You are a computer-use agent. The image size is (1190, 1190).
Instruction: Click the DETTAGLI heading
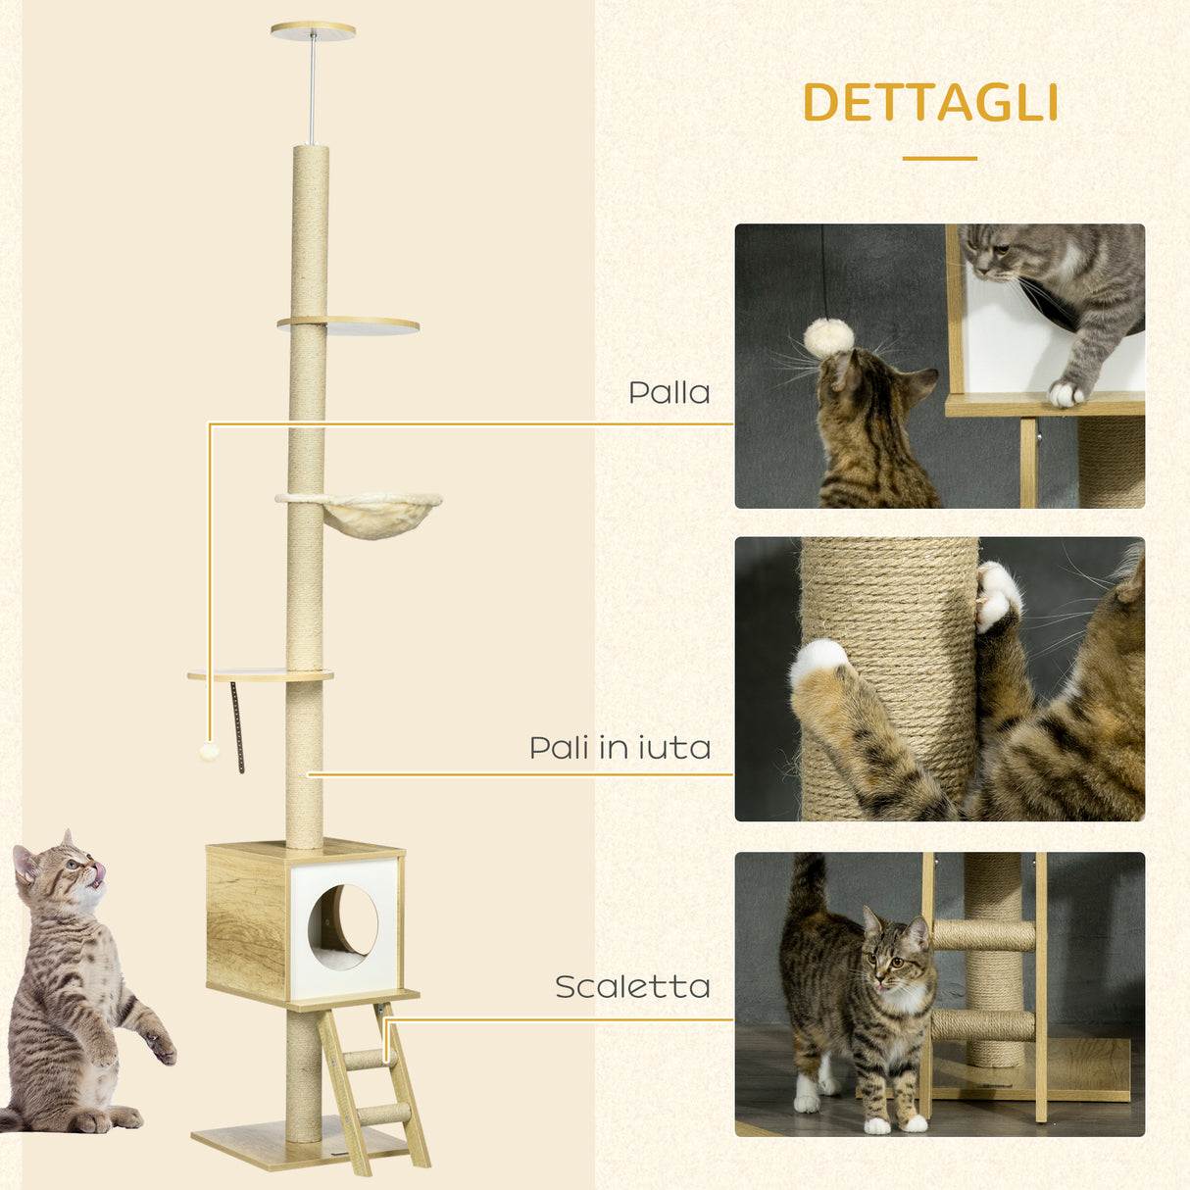[930, 103]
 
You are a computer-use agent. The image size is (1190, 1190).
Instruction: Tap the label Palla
[669, 393]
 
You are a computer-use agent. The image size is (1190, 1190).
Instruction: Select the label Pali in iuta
[620, 748]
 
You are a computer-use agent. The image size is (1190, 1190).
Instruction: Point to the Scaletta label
[632, 987]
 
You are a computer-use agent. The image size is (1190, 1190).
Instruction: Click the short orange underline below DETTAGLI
[939, 158]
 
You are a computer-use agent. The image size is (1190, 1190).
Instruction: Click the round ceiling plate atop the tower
[313, 30]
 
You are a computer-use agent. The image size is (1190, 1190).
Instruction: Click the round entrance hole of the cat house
[343, 920]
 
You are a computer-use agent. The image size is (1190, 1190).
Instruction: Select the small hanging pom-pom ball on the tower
[208, 752]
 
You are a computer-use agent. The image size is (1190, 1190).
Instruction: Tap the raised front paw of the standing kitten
[160, 1047]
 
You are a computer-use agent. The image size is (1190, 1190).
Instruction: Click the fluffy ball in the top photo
[828, 338]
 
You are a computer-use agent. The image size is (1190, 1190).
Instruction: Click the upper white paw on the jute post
[997, 594]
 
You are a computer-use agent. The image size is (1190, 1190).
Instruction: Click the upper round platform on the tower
[349, 324]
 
